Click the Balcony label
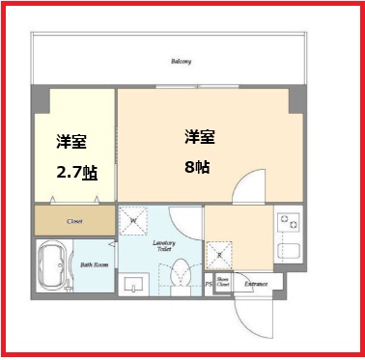coord(182,62)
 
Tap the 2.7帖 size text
coord(75,173)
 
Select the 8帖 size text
coord(199,165)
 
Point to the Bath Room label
coord(93,263)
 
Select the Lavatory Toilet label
coord(163,248)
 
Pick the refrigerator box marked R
coord(219,256)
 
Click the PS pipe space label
coord(209,284)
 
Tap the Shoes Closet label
coord(222,284)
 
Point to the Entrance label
coord(255,284)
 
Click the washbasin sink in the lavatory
coord(136,283)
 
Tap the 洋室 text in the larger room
coord(199,136)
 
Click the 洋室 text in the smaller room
coord(70,143)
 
